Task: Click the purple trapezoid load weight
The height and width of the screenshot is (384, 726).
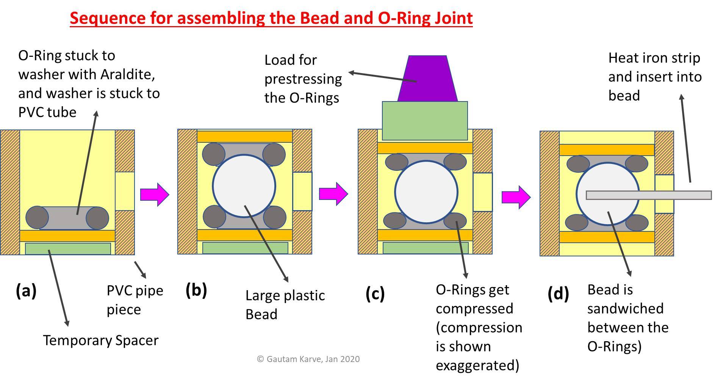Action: (427, 80)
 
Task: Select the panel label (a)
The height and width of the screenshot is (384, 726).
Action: (26, 291)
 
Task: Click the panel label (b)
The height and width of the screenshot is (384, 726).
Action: (196, 290)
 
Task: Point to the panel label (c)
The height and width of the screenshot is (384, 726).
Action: (375, 293)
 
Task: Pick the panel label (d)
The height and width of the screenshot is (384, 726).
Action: (558, 293)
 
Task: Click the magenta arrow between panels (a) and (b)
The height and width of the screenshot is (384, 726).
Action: (154, 195)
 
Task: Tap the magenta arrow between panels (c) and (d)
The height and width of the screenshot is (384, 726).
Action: (515, 197)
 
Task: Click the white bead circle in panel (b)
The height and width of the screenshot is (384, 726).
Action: (244, 186)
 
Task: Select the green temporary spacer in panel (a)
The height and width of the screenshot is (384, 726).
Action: (68, 249)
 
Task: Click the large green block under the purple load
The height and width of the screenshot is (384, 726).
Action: (425, 115)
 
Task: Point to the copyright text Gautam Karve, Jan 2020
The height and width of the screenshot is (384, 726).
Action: (308, 359)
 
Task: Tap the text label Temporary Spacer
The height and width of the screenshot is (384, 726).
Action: (100, 340)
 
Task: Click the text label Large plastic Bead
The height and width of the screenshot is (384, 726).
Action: (285, 304)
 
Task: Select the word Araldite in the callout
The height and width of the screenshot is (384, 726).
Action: (128, 74)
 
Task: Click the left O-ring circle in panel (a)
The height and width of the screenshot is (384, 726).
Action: (37, 217)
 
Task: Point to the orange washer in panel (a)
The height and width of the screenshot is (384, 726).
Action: (67, 236)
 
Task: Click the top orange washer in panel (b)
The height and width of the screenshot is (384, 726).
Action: (244, 136)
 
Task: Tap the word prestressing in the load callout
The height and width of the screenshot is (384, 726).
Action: (303, 79)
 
